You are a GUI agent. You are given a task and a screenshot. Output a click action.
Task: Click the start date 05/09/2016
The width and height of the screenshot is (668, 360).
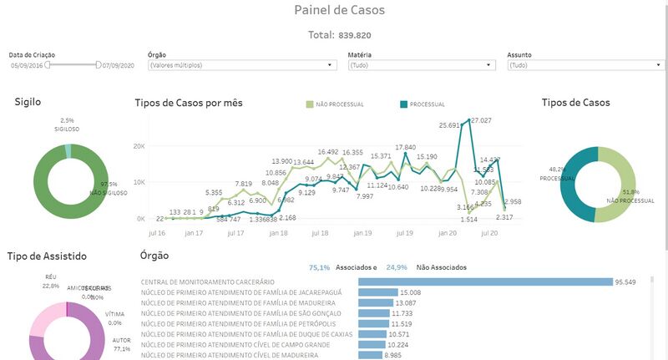pos(28,64)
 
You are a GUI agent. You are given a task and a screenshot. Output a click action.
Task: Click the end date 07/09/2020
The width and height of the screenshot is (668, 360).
pos(119,64)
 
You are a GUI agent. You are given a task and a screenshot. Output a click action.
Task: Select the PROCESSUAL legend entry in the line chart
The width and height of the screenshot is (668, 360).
pos(423,104)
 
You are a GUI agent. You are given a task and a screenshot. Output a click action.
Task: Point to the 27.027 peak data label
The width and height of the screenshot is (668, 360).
pos(481,121)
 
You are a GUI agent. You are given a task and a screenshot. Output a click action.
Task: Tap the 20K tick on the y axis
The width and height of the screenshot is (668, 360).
pos(140,145)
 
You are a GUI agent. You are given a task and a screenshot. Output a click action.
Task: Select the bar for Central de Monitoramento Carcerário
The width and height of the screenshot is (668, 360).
pos(484,281)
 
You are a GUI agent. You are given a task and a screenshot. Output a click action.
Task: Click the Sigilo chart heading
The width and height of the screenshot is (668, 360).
pos(28,102)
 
